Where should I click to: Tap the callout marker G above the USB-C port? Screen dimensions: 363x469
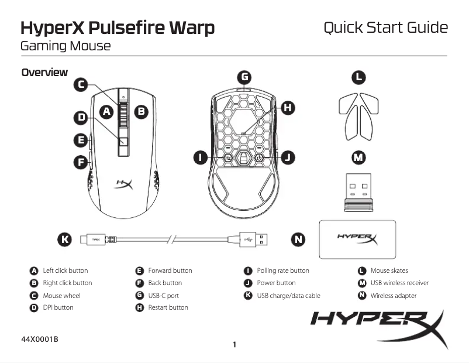[244, 77]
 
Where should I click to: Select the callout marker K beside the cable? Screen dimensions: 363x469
[65, 239]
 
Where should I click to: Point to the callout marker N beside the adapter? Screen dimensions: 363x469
[299, 239]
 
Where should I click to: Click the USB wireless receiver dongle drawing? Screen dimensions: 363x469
[358, 192]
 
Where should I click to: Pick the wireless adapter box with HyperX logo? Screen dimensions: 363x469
[357, 239]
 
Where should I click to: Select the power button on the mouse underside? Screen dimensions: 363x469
[258, 157]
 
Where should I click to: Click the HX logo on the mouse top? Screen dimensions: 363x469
[124, 185]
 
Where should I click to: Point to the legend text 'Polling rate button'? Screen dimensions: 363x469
[283, 270]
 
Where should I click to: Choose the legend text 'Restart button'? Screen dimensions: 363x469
[168, 307]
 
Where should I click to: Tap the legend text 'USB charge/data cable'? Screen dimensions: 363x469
[288, 296]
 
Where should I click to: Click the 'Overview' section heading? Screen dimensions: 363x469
[44, 73]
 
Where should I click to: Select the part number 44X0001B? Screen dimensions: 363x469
[40, 340]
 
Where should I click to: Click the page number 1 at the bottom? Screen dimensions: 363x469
[235, 345]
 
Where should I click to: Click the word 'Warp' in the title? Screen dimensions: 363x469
[187, 28]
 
